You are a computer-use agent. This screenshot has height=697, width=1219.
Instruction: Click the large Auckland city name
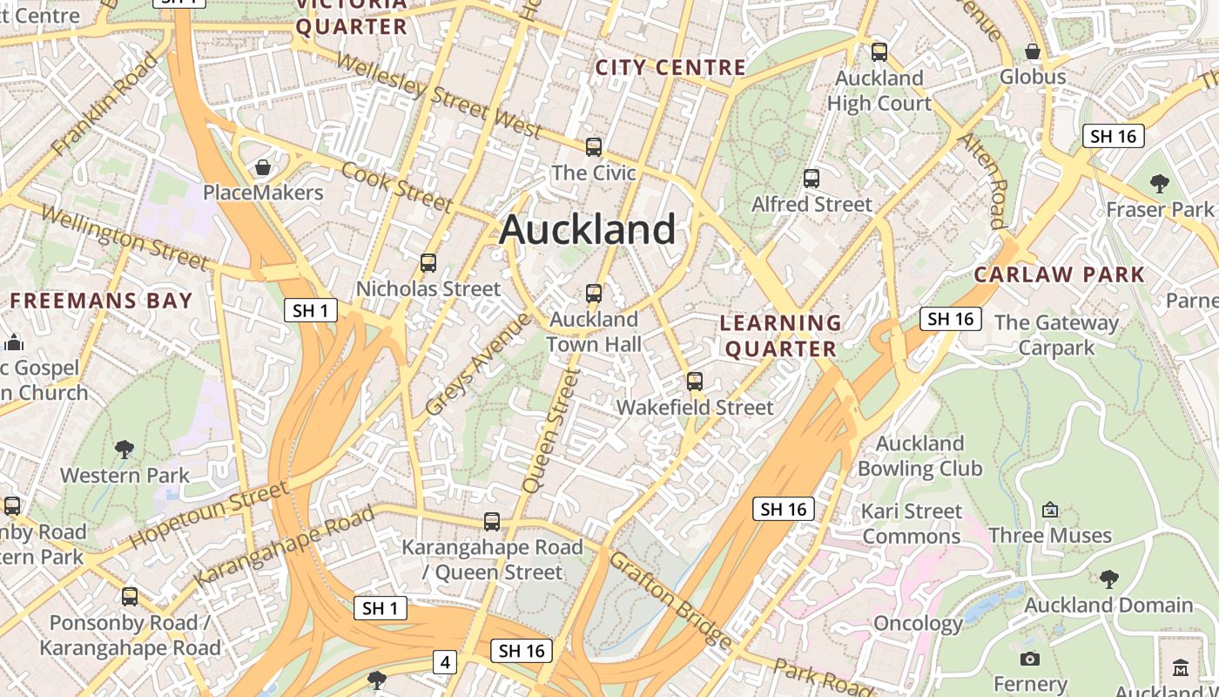point(588,229)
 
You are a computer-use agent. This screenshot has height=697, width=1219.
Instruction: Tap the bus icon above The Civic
point(594,147)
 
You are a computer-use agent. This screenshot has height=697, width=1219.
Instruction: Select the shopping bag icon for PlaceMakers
point(263,166)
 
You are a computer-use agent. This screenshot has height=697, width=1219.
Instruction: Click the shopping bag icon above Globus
point(1033,51)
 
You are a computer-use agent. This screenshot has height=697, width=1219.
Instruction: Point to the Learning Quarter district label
point(781,336)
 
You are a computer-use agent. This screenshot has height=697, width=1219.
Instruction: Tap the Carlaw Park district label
point(1059,275)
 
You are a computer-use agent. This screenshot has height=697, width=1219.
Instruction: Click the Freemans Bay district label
point(101,301)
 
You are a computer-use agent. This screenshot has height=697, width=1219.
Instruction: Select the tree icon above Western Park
point(125,450)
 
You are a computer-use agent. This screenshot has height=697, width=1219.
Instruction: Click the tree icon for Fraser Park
point(1159,184)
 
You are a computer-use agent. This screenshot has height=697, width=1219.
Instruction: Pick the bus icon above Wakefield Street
point(694,382)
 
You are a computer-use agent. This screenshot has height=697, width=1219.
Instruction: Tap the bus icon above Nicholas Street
point(428,263)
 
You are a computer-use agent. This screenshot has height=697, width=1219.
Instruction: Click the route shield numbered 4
point(445,662)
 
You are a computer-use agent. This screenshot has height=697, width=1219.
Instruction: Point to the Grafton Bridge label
point(671,599)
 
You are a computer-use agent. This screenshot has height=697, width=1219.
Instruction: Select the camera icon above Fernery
point(1030,659)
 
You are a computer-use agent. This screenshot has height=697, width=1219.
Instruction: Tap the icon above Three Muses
point(1050,510)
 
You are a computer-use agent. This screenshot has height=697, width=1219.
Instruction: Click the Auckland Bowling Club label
point(919,456)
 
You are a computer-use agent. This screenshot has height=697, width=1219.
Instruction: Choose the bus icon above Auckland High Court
point(879,52)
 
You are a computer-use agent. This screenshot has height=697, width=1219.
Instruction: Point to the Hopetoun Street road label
point(209,515)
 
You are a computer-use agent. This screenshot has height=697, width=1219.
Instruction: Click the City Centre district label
point(670,67)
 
